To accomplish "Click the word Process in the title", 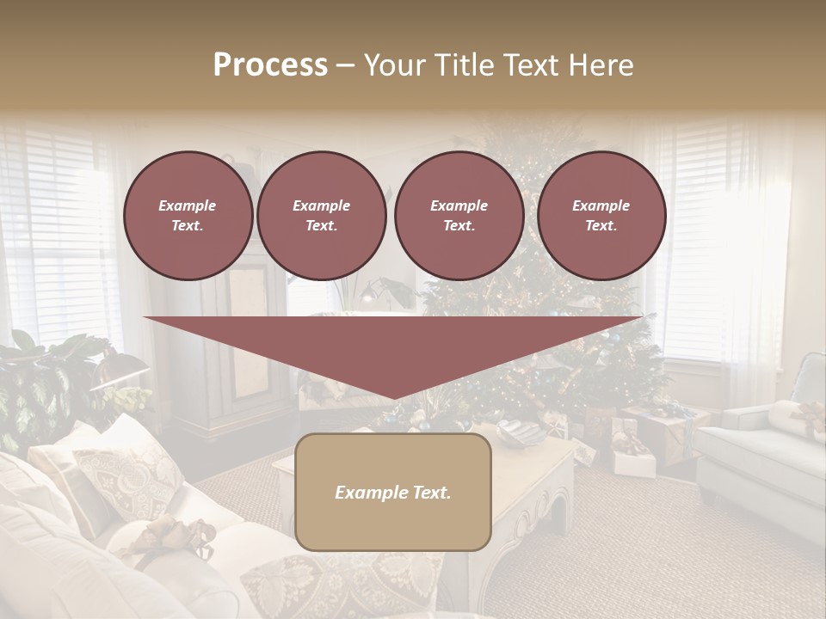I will point(270,65).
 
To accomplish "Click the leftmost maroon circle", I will point(188,216).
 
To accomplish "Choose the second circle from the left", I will point(321,216).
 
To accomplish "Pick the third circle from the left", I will point(459,216).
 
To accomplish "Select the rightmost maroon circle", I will point(601,216).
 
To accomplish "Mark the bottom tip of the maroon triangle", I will point(394,398).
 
